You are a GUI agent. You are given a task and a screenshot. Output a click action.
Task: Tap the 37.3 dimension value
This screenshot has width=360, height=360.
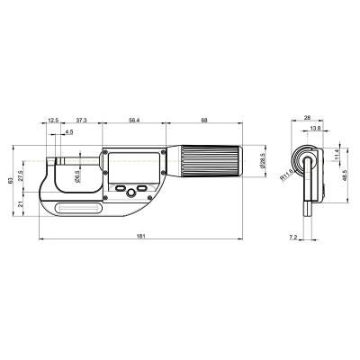[81, 120]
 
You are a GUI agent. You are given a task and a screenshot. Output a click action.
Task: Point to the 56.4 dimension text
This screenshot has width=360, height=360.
[133, 120]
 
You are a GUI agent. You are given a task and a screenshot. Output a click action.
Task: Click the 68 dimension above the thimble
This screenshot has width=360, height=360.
[205, 120]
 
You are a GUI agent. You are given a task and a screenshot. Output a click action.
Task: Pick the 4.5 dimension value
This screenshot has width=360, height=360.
[69, 133]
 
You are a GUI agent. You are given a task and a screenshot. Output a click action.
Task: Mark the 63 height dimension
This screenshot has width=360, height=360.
[11, 181]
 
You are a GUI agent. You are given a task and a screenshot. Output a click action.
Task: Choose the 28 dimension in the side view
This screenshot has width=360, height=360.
[307, 117]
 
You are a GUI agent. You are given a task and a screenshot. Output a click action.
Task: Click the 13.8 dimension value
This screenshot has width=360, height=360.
[313, 130]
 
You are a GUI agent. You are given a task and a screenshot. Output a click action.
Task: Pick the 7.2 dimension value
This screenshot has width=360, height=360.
[292, 237]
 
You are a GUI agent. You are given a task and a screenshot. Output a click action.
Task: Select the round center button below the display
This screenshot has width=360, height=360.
[130, 192]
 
